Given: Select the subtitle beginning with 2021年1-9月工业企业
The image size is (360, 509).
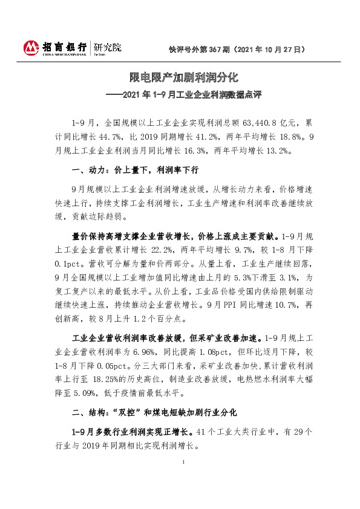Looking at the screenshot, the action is coord(185,94).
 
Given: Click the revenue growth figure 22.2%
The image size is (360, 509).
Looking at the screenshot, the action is coord(172,248).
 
